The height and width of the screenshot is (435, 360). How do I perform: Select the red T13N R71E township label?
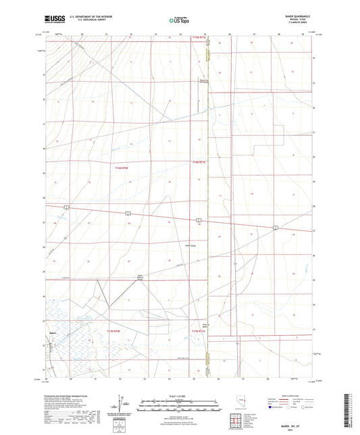[198, 331]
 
